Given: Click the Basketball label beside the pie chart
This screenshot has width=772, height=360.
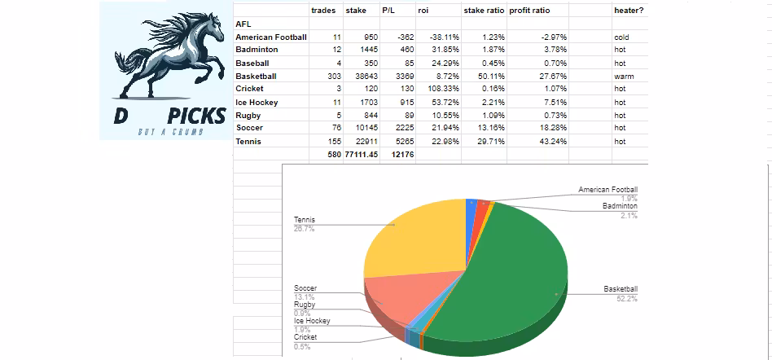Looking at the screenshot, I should click(621, 289).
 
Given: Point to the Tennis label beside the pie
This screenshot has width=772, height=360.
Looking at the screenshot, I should click(304, 220).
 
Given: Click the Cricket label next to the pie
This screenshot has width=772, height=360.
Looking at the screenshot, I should click(305, 337).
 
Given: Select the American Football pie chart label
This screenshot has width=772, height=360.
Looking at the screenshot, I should click(608, 190).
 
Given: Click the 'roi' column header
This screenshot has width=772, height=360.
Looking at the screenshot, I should click(423, 11).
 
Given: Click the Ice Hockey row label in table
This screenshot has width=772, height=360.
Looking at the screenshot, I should click(257, 103).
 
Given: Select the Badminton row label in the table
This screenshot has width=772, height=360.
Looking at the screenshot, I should click(257, 50).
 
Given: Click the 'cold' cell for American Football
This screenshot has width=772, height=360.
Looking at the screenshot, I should click(621, 37).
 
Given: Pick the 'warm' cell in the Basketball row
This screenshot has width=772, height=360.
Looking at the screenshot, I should click(623, 76).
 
